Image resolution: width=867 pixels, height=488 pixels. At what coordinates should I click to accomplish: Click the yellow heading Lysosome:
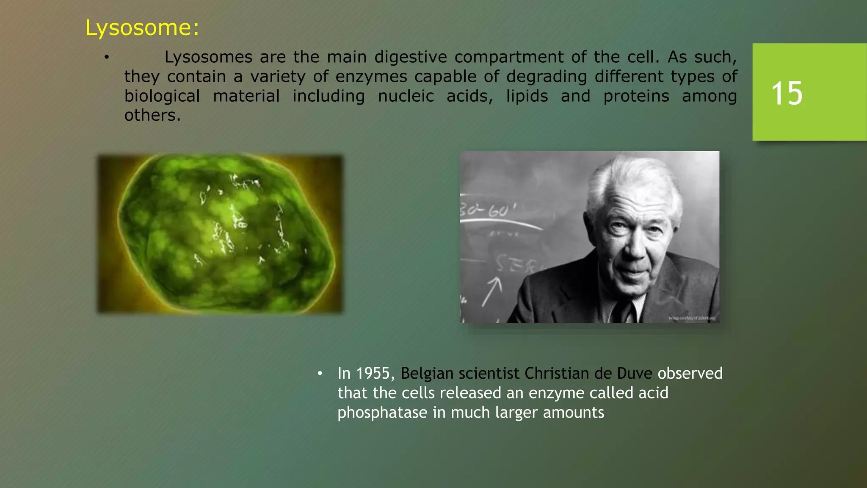tap(142, 28)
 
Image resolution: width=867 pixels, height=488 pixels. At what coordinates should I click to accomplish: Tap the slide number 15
tap(787, 94)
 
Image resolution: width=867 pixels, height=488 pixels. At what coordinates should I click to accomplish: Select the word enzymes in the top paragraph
tap(371, 77)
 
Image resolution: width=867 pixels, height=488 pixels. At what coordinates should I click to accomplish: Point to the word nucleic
tap(406, 96)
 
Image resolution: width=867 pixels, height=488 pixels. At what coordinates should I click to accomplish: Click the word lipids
tap(527, 96)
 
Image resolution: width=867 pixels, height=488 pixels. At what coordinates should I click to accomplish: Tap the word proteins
tap(636, 96)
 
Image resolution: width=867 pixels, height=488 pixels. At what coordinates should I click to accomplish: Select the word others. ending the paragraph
tap(152, 115)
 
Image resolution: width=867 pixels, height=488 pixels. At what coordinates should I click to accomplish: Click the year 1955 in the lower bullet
tap(373, 374)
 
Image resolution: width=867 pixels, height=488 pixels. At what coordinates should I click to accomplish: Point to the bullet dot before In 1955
tap(320, 374)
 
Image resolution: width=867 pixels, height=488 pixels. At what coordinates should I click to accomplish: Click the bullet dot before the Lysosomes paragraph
tap(107, 57)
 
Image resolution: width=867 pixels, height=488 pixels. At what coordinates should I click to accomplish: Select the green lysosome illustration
tap(221, 234)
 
